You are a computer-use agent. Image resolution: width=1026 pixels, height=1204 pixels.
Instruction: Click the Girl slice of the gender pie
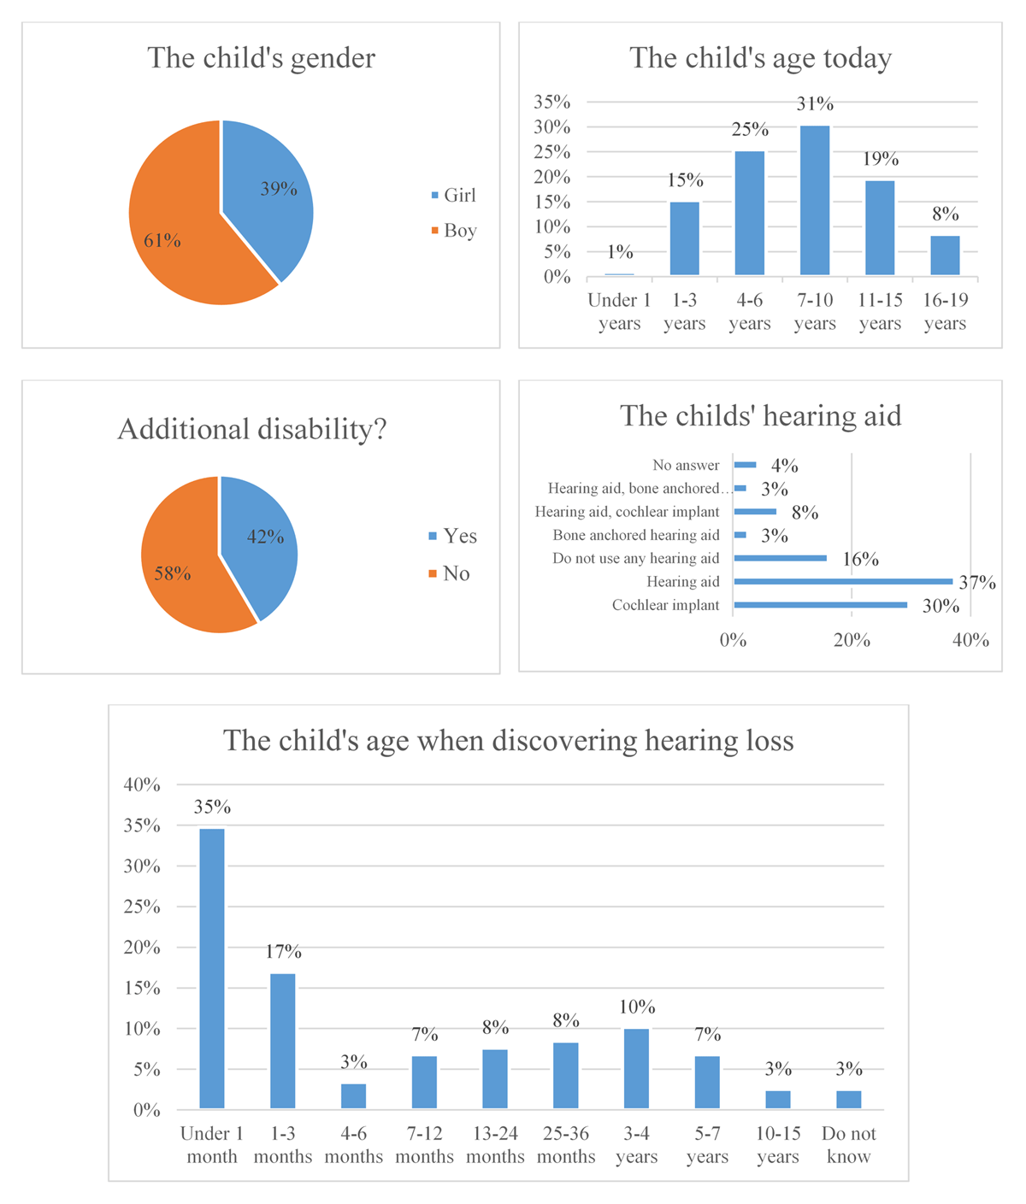(x=268, y=192)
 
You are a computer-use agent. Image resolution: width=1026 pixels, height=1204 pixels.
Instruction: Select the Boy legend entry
(x=454, y=231)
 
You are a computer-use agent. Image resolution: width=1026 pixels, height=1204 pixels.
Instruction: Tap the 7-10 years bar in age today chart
(x=814, y=200)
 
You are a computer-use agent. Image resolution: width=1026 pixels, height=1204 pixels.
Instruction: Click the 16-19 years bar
(x=945, y=255)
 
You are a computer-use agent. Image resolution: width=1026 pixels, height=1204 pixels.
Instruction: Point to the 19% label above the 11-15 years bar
(x=881, y=158)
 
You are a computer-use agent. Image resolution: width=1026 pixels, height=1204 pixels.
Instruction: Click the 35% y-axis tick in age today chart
(x=552, y=102)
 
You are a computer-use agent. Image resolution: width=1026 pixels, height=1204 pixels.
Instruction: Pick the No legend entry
(x=449, y=573)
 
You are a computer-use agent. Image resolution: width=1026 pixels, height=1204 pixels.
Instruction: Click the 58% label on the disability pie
(x=173, y=573)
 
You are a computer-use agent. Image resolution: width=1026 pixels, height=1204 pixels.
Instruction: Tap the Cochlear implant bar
(x=820, y=605)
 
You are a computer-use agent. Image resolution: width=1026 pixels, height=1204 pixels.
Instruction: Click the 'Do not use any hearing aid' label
(x=636, y=559)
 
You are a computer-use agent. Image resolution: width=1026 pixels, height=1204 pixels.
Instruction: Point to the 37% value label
(x=977, y=582)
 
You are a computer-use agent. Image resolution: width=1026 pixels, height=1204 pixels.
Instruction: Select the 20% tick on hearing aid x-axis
(x=852, y=640)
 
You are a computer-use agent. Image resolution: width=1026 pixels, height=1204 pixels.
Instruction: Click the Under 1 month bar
(x=212, y=968)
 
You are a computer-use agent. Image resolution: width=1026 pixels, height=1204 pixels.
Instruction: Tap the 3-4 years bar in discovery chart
(x=636, y=1068)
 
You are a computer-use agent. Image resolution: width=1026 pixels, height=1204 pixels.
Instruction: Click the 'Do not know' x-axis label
(x=849, y=1144)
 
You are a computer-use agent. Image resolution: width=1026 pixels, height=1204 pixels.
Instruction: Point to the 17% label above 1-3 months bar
(x=283, y=952)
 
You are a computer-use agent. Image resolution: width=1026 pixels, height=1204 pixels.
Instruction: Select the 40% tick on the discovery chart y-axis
(x=142, y=784)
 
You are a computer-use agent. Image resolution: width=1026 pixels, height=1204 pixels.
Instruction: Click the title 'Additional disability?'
(x=252, y=429)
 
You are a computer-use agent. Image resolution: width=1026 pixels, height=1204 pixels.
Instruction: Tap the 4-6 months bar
(x=353, y=1095)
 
